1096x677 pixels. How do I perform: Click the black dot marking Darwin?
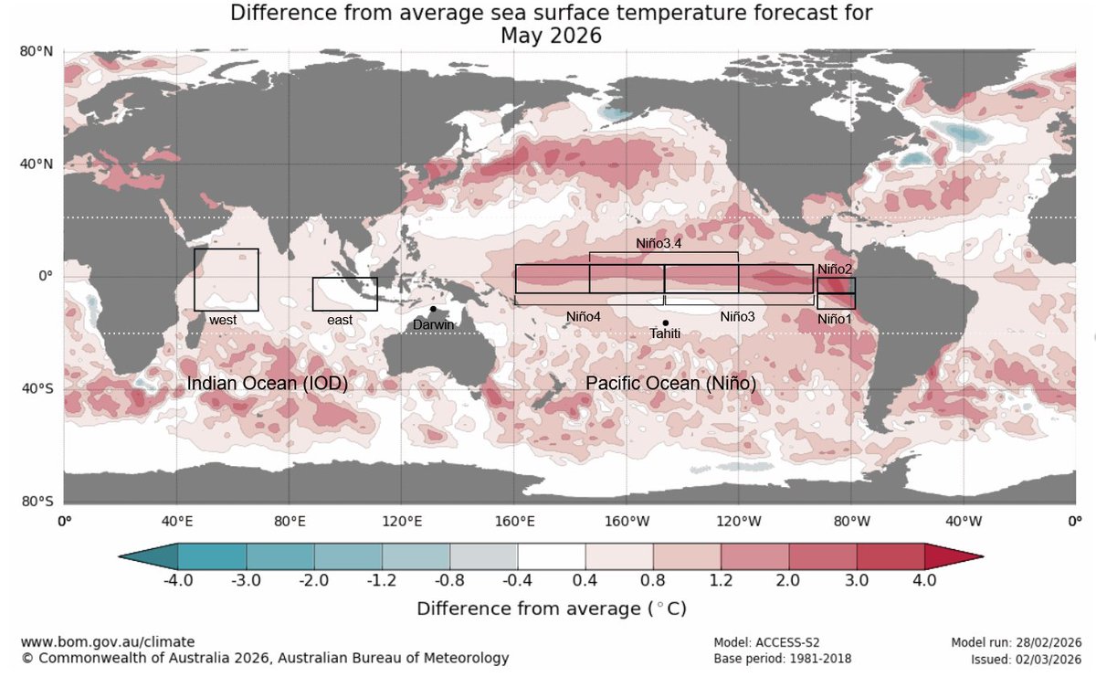pos(433,309)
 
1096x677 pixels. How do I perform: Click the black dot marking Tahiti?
pos(666,323)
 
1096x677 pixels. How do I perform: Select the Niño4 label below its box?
pos(583,316)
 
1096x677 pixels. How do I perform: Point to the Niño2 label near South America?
pos(835,270)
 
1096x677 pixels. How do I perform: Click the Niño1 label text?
pos(835,319)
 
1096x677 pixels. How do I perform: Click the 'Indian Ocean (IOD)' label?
pos(268,384)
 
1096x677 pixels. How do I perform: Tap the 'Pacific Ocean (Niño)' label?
pos(670,384)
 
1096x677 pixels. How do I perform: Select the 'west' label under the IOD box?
pos(223,321)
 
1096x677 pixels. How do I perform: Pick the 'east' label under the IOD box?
pos(340,321)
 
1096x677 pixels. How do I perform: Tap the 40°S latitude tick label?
pos(36,389)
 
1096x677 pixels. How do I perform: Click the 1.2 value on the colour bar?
pos(721,580)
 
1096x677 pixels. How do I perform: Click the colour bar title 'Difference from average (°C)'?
pos(551,608)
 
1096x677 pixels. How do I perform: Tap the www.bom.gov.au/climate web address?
pos(107,642)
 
